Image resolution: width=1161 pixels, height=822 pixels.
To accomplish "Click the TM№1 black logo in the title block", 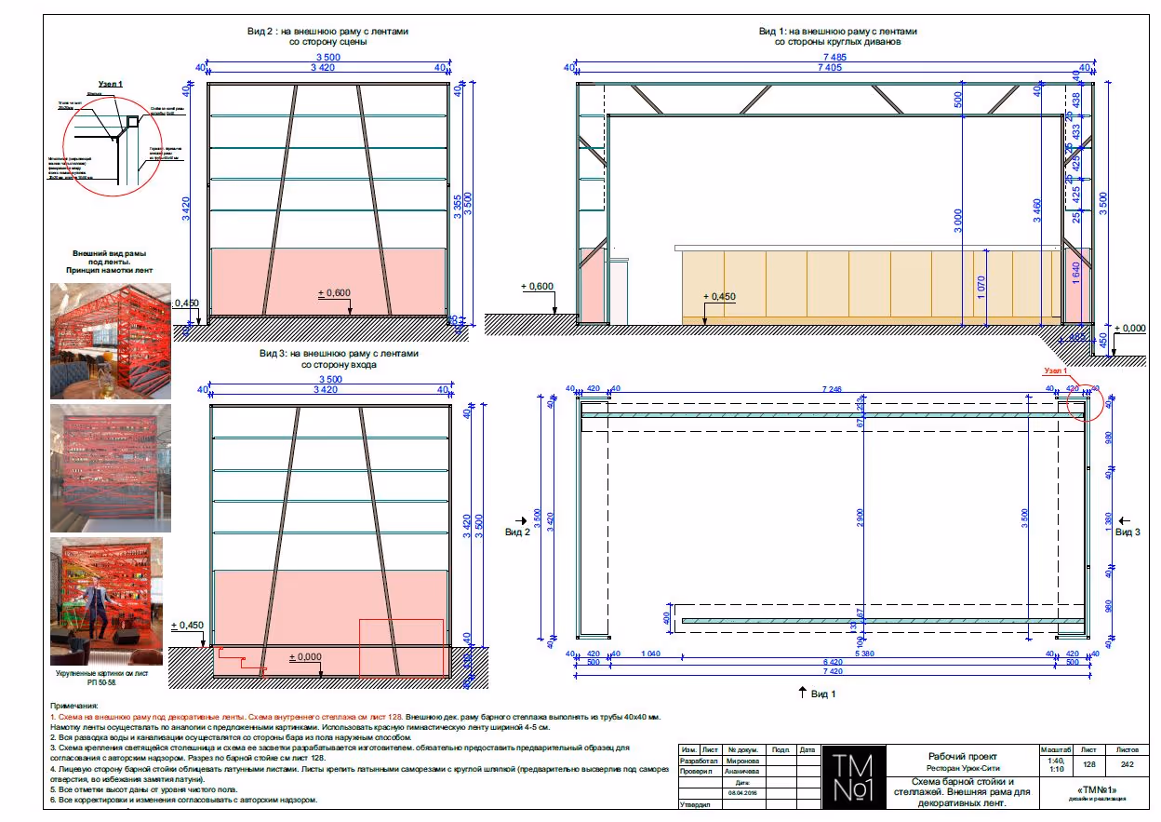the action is coord(855,777).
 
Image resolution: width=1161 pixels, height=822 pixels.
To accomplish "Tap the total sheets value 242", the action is coord(1128,763).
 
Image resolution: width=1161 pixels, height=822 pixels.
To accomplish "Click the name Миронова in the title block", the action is coord(741,761).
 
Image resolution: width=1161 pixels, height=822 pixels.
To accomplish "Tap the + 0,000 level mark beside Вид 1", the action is coord(1131,329).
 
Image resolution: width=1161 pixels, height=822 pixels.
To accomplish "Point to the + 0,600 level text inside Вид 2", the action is coord(334,294).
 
